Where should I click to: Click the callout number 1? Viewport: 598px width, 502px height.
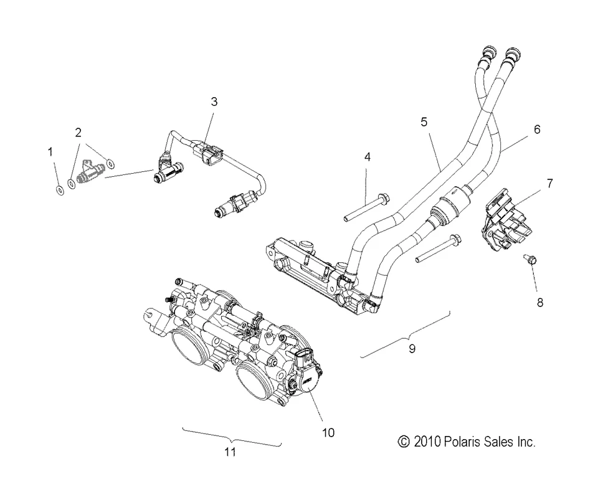tap(51, 151)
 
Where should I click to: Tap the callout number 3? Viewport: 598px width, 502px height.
tap(214, 102)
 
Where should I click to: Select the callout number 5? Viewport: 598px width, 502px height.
tap(424, 121)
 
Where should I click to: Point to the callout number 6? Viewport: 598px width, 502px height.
tap(537, 130)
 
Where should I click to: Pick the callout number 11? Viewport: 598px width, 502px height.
tap(230, 453)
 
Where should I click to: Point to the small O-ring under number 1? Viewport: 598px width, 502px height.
tap(58, 190)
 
